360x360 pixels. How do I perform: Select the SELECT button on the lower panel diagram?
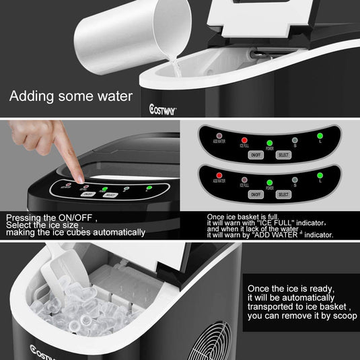(x=283, y=194)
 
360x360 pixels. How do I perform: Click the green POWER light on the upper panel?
(x=269, y=143)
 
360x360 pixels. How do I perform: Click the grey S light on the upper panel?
(x=295, y=141)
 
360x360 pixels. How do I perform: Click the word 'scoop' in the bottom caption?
(x=343, y=315)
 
